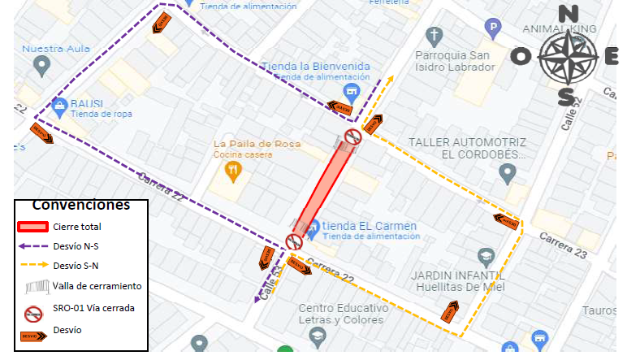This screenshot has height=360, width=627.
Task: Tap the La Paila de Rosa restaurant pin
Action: (232, 171)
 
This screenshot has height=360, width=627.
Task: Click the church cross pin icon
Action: (435, 36)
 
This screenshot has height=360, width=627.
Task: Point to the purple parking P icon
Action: (492, 28)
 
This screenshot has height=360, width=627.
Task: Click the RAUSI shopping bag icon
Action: (59, 106)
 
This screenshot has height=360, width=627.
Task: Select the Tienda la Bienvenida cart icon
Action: (351, 89)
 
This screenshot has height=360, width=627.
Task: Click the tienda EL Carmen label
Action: (369, 225)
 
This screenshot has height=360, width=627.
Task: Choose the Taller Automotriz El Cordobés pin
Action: (507, 172)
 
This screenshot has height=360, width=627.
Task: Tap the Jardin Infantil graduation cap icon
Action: (486, 257)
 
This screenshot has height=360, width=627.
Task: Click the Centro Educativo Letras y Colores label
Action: (339, 314)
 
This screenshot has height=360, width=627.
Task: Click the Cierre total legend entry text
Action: (77, 227)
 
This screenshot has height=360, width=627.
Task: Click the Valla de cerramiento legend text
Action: (97, 286)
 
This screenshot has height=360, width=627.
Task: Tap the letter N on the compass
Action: (568, 14)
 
